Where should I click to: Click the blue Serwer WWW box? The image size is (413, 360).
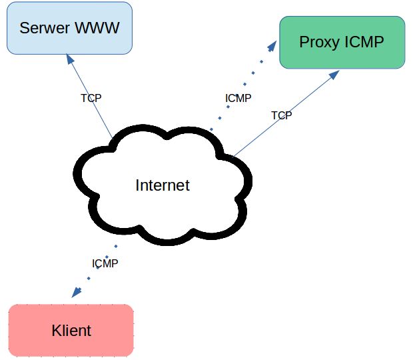pyautogui.click(x=69, y=28)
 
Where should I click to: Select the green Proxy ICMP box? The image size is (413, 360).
pyautogui.click(x=342, y=42)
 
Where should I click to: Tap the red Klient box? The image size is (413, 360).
pyautogui.click(x=71, y=329)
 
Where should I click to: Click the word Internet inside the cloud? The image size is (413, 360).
pyautogui.click(x=163, y=185)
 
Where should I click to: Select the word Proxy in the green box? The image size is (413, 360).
pyautogui.click(x=319, y=42)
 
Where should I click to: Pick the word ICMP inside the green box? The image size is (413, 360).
pyautogui.click(x=364, y=42)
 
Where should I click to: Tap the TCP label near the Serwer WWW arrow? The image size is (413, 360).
pyautogui.click(x=91, y=98)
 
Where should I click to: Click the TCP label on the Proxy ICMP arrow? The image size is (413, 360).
pyautogui.click(x=281, y=115)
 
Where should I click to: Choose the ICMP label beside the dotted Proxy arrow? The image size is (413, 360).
pyautogui.click(x=238, y=98)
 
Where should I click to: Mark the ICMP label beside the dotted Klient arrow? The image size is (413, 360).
pyautogui.click(x=105, y=263)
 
